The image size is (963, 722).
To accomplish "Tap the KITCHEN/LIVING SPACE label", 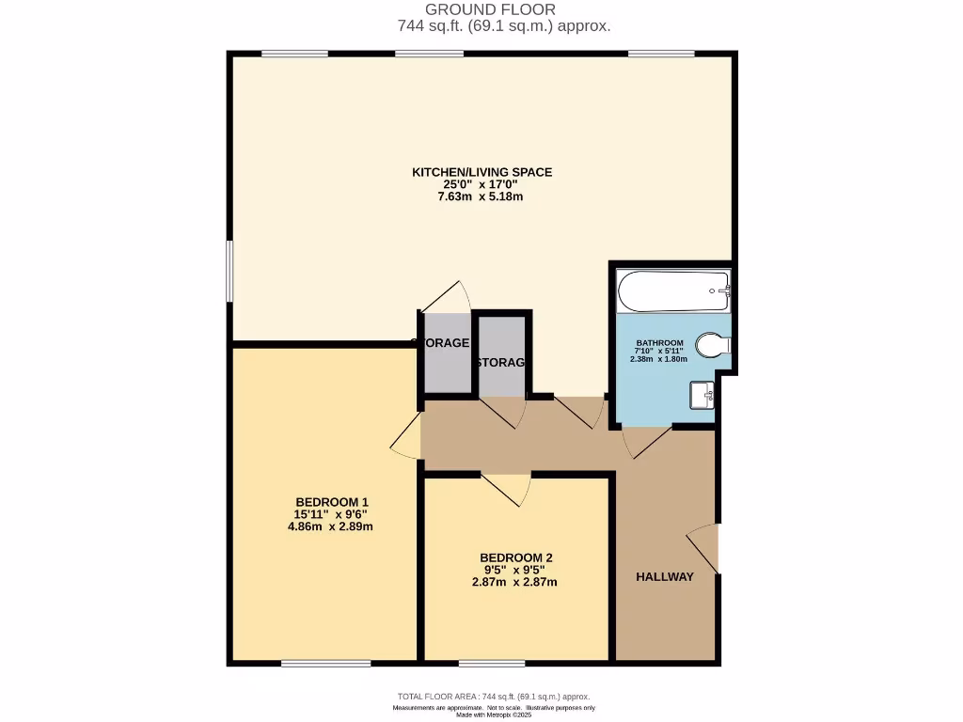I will (481, 172).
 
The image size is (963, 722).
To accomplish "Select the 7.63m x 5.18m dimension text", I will (481, 196).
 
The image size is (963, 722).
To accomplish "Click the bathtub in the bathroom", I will (672, 291).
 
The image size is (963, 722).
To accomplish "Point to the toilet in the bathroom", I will (712, 346).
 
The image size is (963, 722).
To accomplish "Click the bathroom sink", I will (702, 395).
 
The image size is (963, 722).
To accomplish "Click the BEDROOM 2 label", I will (514, 557).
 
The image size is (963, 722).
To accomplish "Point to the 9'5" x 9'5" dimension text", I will (514, 570).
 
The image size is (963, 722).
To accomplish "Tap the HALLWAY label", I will (664, 576).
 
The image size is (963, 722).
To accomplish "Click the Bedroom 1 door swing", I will (406, 437).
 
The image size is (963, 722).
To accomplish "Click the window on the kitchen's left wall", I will (229, 272).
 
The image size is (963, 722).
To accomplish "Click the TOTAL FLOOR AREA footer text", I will (494, 697).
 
